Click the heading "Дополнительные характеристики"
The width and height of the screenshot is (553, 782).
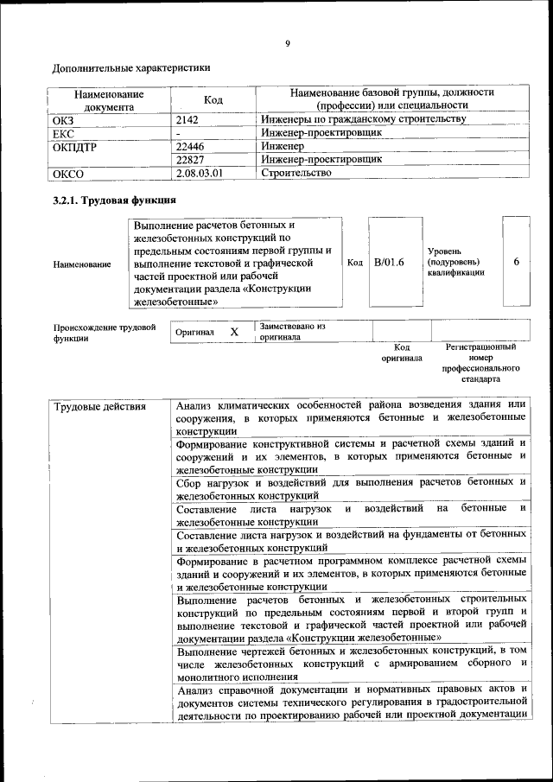(x=131, y=67)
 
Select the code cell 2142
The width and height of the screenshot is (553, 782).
(x=187, y=120)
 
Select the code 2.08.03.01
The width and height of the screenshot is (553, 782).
(x=199, y=173)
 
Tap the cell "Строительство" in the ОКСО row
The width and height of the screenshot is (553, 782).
(x=296, y=173)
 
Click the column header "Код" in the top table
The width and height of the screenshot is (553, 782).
(x=213, y=100)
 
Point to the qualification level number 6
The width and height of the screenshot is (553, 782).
(x=516, y=262)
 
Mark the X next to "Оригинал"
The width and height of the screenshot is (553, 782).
(x=233, y=332)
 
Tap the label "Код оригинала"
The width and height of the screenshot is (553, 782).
(x=402, y=352)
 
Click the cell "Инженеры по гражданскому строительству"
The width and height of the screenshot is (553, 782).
(x=364, y=120)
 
